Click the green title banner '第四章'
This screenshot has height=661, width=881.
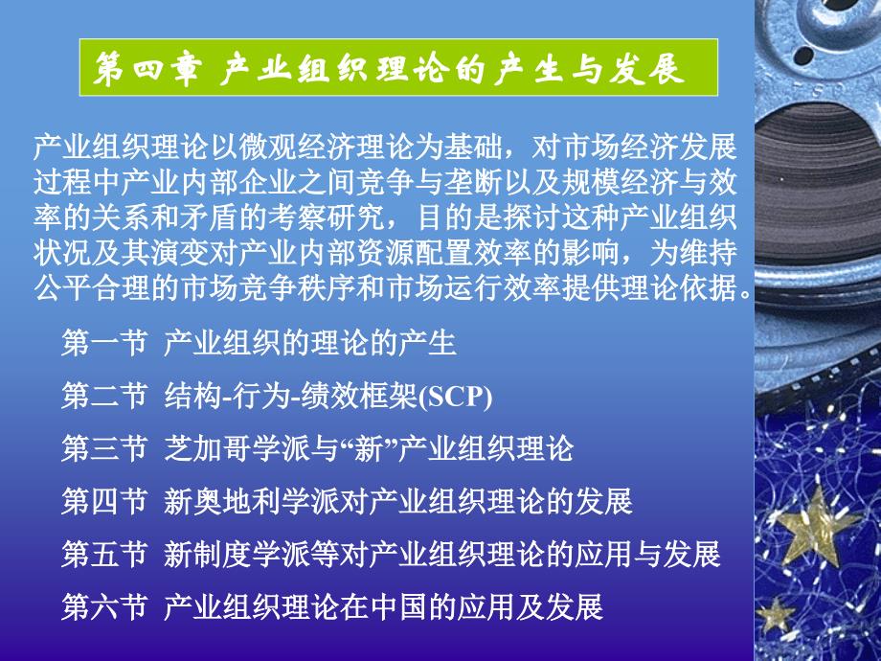pyautogui.click(x=398, y=67)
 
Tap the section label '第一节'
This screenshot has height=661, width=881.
pyautogui.click(x=104, y=343)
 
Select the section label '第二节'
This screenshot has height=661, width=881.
pyautogui.click(x=104, y=396)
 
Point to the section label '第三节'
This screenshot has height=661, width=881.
pyautogui.click(x=104, y=448)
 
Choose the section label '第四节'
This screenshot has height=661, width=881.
pyautogui.click(x=104, y=501)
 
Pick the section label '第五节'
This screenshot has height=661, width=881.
pyautogui.click(x=104, y=555)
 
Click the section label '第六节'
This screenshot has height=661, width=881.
pyautogui.click(x=104, y=607)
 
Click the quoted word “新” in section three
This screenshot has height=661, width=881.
pyautogui.click(x=368, y=448)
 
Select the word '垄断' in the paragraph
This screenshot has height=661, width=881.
pyautogui.click(x=473, y=183)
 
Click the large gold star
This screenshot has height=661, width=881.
pyautogui.click(x=815, y=529)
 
